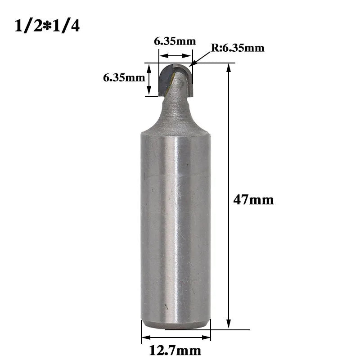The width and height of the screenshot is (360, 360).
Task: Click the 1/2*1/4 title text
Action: point(47,26)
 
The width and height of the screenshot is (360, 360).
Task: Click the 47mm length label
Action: point(253,200)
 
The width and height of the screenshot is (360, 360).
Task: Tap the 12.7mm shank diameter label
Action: point(175,351)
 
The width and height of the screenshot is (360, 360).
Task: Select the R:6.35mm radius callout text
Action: point(238,48)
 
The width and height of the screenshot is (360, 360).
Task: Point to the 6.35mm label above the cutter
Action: point(175,41)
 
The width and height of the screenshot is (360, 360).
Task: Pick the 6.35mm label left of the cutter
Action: point(124,77)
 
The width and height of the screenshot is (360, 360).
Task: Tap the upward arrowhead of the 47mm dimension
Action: point(229,68)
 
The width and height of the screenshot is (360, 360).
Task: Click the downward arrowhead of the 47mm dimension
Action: point(229,324)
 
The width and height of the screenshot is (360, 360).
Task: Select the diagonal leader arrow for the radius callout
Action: point(201,59)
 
